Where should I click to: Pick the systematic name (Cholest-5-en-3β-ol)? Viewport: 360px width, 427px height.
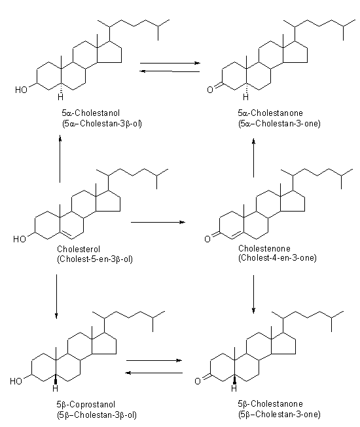(96, 259)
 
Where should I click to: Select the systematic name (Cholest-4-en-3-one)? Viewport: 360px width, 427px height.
(278, 259)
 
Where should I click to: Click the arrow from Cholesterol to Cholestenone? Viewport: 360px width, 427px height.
(158, 223)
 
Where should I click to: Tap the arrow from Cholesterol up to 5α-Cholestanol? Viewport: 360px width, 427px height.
(60, 160)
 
